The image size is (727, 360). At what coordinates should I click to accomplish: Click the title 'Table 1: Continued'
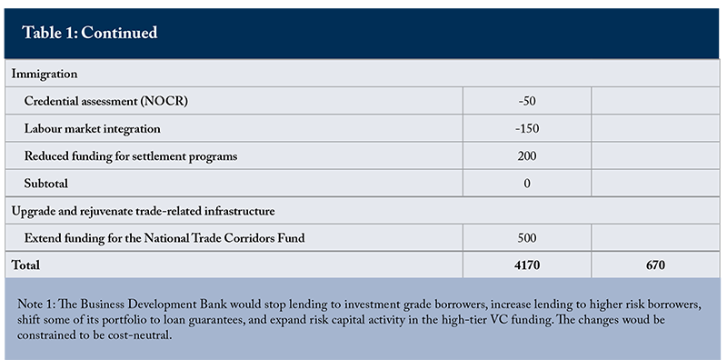click(89, 33)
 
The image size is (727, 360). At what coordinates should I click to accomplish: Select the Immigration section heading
click(45, 74)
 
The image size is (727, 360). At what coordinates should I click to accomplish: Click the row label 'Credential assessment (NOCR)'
click(106, 101)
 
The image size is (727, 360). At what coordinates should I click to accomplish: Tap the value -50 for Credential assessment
click(527, 101)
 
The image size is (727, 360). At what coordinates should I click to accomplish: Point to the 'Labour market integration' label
click(93, 128)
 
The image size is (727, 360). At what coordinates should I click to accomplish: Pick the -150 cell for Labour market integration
click(527, 128)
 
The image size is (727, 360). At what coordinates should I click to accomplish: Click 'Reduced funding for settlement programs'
click(131, 155)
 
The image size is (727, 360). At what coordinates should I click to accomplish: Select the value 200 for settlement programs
click(527, 155)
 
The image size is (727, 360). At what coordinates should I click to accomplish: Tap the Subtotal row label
click(46, 184)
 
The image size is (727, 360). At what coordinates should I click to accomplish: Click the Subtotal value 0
click(527, 184)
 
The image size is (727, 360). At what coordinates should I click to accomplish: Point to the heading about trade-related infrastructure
click(144, 211)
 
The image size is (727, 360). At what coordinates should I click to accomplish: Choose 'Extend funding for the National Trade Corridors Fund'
click(164, 238)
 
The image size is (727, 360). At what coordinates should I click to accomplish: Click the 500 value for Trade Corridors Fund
click(527, 238)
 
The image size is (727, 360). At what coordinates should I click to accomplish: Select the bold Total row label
click(25, 265)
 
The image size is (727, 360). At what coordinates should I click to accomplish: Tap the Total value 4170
click(527, 265)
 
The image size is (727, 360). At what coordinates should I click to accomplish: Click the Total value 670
click(655, 265)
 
